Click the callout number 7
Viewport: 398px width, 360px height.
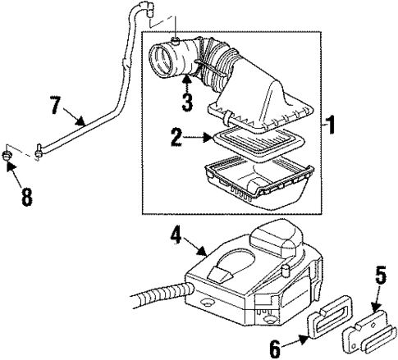56,104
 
